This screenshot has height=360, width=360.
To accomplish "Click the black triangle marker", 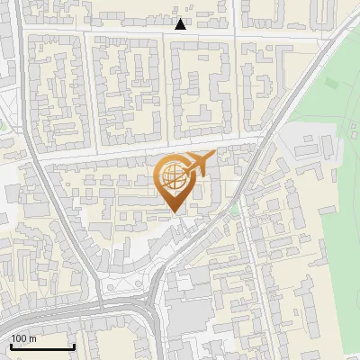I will coord(181,24).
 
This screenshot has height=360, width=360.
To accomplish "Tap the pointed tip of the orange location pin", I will coord(173,212).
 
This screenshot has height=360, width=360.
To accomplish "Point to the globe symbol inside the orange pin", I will coord(172,176).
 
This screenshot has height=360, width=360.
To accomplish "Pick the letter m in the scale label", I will coord(32,338).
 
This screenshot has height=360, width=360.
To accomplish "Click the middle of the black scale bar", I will coord(42,346).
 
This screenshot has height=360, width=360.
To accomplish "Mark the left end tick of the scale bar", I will coord(11,345).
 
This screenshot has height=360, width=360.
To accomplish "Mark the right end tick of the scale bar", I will coord(74,345).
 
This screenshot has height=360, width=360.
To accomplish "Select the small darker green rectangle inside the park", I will coord(331,84).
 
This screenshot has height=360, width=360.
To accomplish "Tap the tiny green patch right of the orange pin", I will coord(235,210).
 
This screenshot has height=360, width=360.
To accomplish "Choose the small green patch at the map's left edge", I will coord(3,123).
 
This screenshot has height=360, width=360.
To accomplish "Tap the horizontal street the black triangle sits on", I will coord(135,31).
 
